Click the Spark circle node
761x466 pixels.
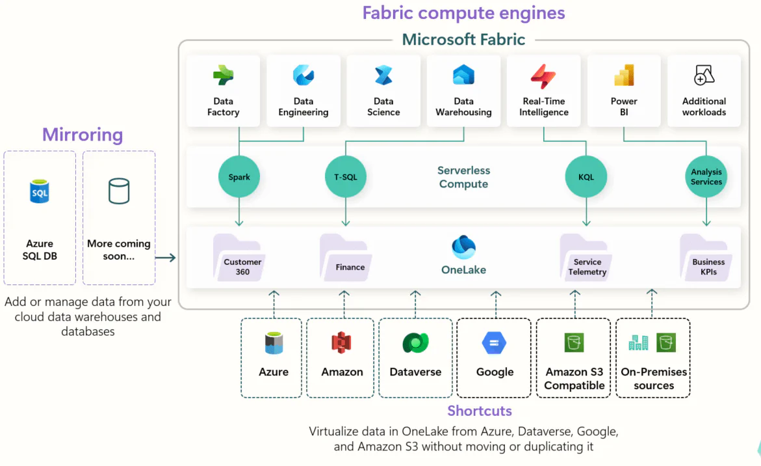[239, 177]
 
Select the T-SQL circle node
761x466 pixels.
[345, 177]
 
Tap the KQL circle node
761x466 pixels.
[586, 177]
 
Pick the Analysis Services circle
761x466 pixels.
[706, 177]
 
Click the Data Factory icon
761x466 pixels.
[223, 76]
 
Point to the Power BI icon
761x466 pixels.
[624, 76]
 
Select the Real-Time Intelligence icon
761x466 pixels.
[543, 76]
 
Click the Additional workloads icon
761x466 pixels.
[704, 75]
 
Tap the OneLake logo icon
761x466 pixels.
[463, 248]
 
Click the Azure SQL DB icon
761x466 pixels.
[40, 192]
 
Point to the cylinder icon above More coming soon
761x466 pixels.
[118, 191]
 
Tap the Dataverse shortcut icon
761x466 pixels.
[415, 343]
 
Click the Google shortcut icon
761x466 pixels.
[495, 343]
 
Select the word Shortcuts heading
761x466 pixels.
[480, 411]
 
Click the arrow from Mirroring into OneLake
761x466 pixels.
[166, 258]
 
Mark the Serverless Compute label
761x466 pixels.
[463, 177]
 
